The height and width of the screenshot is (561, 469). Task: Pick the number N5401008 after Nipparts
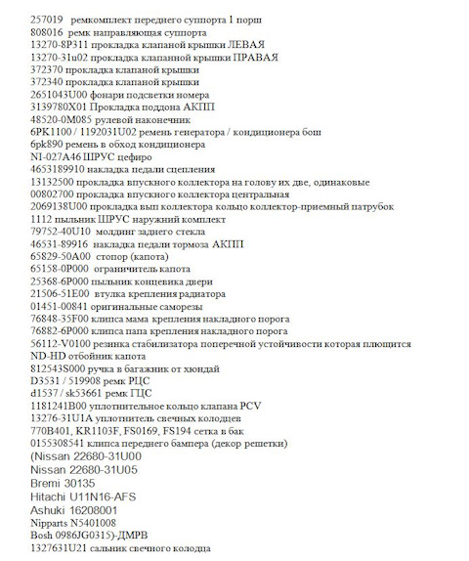93,524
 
